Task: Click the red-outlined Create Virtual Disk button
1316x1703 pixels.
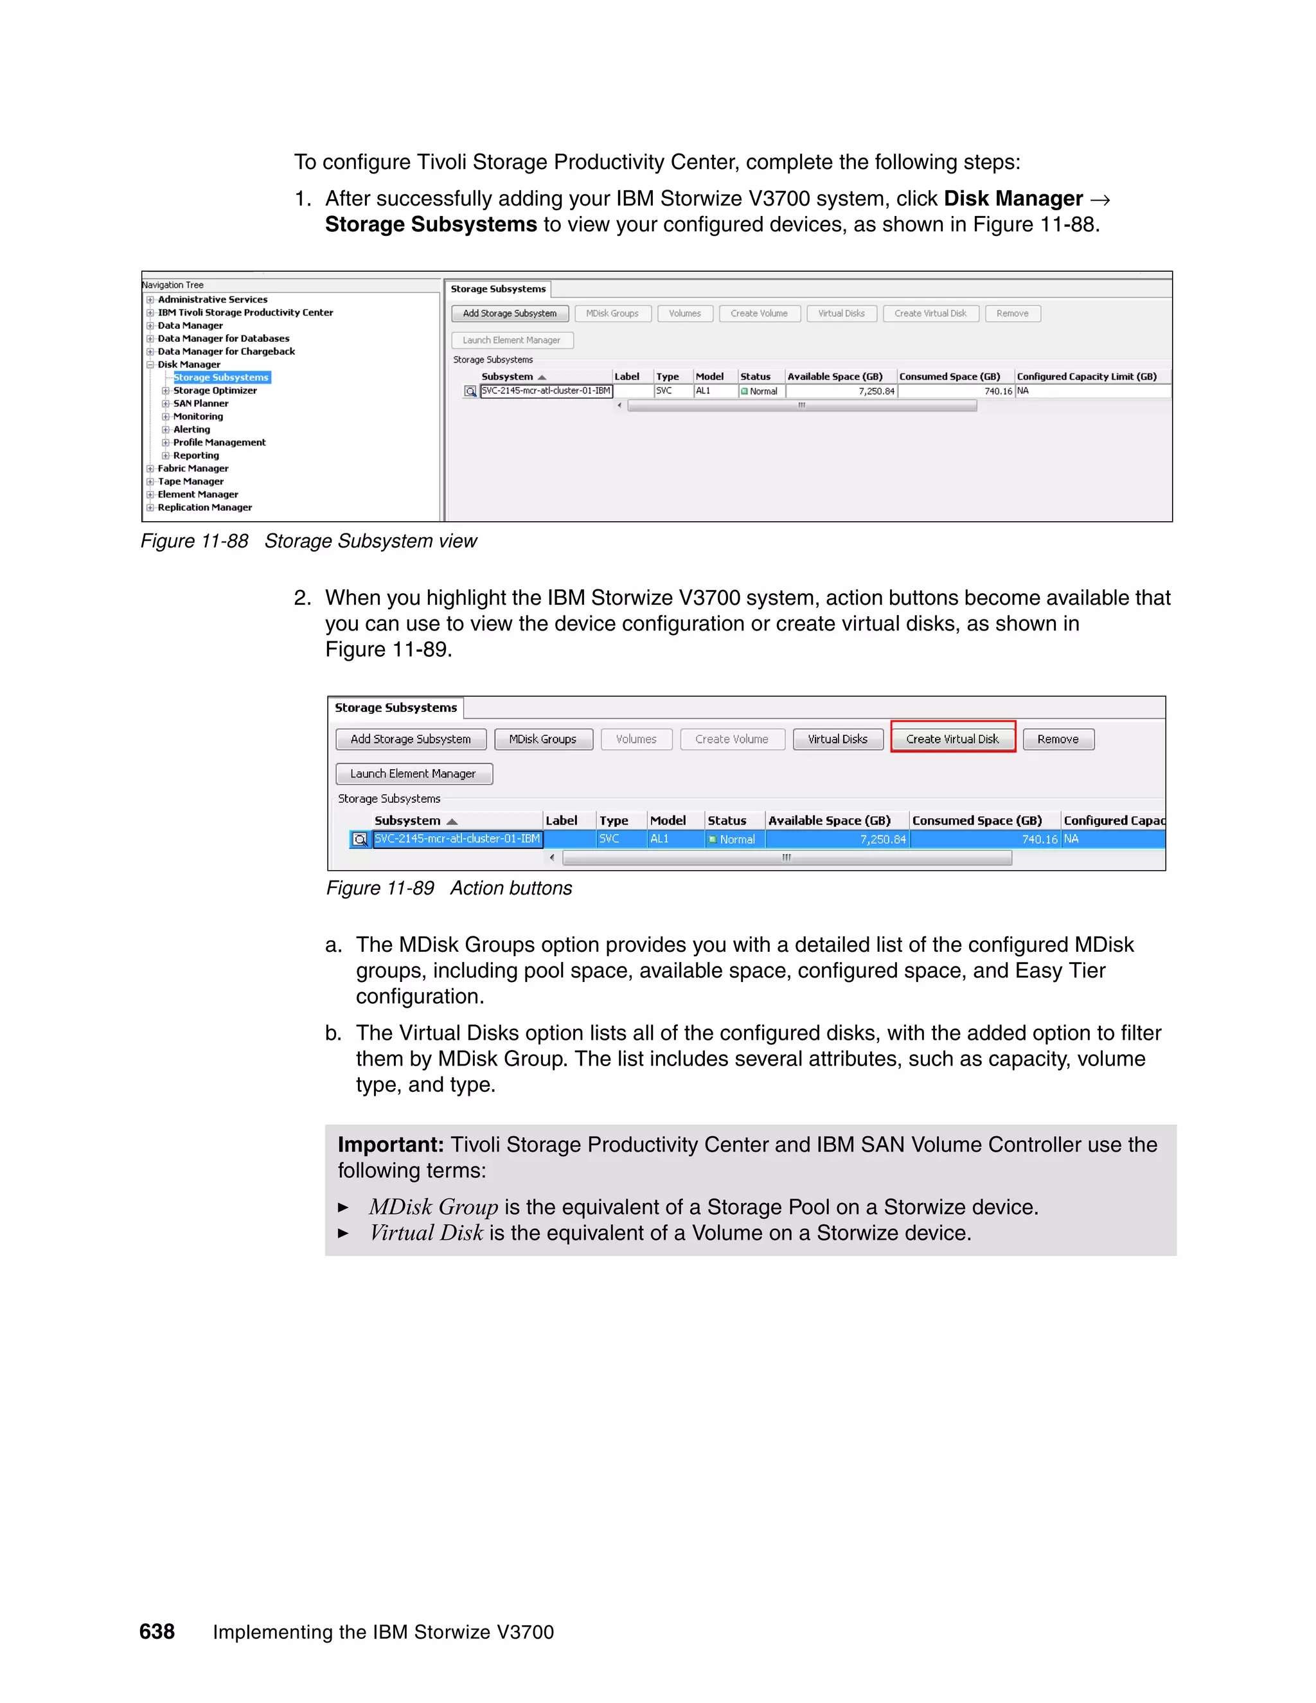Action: coord(952,738)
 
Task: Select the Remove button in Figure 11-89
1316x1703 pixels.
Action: coord(1057,738)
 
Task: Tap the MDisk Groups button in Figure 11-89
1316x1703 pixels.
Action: coord(542,738)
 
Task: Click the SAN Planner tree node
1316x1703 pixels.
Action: coord(200,403)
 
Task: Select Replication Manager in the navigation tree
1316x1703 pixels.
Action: coord(204,507)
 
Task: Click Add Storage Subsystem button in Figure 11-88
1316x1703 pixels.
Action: coord(509,314)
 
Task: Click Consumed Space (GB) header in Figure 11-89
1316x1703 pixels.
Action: coord(976,820)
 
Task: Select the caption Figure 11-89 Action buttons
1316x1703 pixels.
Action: coord(449,888)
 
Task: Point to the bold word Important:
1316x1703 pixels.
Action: coord(391,1145)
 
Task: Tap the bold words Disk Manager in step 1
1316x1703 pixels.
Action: coord(1013,199)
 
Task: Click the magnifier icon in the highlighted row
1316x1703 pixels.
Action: coord(359,839)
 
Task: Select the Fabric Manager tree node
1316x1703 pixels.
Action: coord(193,468)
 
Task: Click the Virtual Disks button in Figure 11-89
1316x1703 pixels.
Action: coord(837,738)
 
